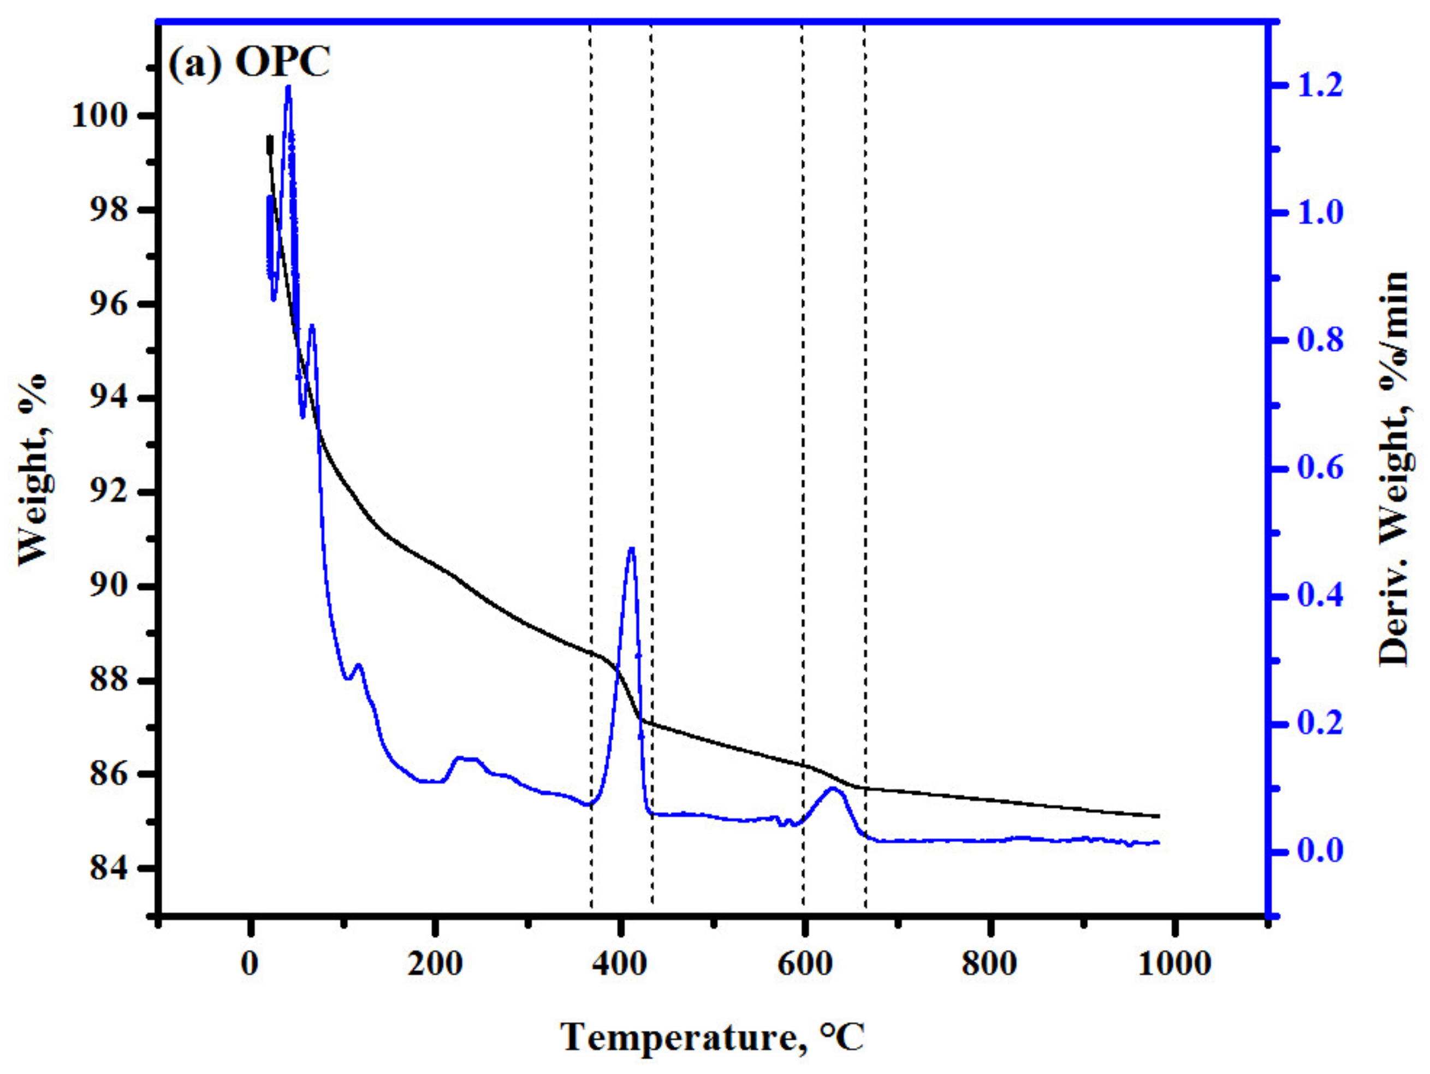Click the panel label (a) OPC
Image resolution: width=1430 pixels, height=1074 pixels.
click(249, 63)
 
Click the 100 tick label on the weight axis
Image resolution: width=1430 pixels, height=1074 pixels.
click(103, 117)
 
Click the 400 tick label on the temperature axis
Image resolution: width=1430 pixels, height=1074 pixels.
click(619, 965)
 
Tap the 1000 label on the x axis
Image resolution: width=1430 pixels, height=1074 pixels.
click(1173, 965)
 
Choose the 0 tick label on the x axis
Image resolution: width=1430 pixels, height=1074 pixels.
click(250, 965)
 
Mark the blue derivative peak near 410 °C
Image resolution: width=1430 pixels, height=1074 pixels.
click(631, 548)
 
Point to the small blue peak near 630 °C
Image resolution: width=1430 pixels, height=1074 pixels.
click(833, 789)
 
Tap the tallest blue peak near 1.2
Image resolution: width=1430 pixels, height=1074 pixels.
click(288, 87)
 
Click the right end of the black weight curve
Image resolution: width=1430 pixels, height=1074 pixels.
click(1159, 816)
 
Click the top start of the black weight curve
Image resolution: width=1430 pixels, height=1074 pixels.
click(270, 137)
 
